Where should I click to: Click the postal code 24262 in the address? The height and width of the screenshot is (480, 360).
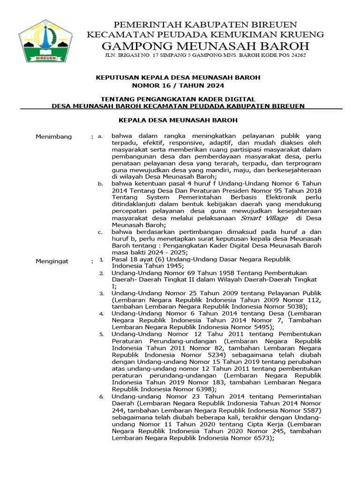(x=296, y=55)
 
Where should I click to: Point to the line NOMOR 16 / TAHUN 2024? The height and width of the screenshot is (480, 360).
(x=178, y=85)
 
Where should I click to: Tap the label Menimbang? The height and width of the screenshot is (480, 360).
(x=54, y=136)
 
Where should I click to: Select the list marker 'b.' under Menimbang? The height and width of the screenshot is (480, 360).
(x=100, y=184)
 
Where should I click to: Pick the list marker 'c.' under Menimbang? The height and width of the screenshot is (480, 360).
(x=100, y=232)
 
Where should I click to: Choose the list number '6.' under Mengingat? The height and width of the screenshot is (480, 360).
(x=100, y=397)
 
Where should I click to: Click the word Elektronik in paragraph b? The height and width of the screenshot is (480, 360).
(x=273, y=198)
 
